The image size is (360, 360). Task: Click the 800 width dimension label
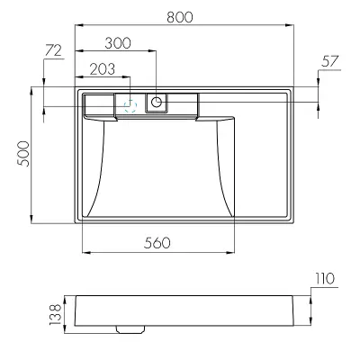(x=180, y=17)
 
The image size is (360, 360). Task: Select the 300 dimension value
(x=118, y=43)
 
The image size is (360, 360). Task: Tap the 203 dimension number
(x=103, y=69)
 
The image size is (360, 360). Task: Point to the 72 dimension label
(x=53, y=50)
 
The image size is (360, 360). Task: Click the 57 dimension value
(x=330, y=61)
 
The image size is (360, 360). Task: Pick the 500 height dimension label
(x=23, y=154)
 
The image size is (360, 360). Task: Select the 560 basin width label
(x=157, y=243)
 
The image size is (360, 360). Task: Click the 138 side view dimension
(x=55, y=315)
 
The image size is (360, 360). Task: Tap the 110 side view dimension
(x=325, y=279)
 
